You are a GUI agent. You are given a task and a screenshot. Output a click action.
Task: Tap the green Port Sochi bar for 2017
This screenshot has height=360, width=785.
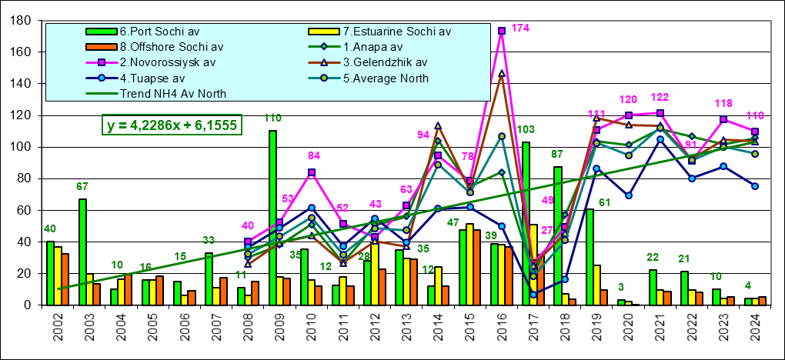point(526,223)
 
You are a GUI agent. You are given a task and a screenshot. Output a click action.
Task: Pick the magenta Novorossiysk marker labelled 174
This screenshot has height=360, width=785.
point(502,31)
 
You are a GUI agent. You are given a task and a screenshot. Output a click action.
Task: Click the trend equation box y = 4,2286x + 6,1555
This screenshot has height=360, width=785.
point(172,125)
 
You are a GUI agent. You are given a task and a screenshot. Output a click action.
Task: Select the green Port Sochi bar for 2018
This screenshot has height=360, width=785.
point(558,235)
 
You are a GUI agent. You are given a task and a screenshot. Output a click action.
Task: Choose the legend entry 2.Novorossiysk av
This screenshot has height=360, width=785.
point(166,62)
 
